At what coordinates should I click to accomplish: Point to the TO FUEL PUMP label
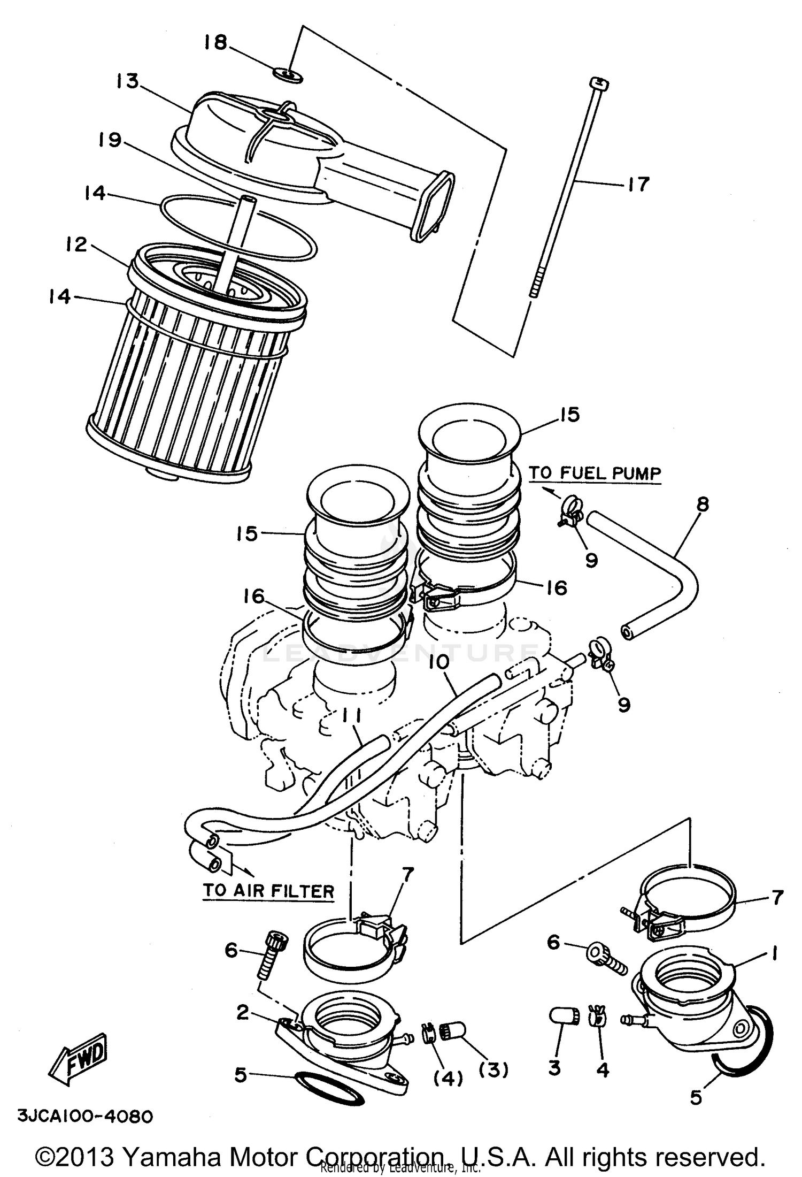[595, 473]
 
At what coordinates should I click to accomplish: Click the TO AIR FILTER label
[268, 891]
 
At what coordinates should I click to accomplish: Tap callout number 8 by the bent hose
[703, 503]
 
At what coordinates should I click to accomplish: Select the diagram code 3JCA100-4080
[86, 1117]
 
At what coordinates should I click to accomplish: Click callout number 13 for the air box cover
[127, 81]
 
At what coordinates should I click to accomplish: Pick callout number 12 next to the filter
[76, 244]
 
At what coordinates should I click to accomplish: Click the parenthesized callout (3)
[493, 1069]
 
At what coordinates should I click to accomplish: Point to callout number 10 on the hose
[439, 662]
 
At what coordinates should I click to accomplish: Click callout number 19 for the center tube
[110, 140]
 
